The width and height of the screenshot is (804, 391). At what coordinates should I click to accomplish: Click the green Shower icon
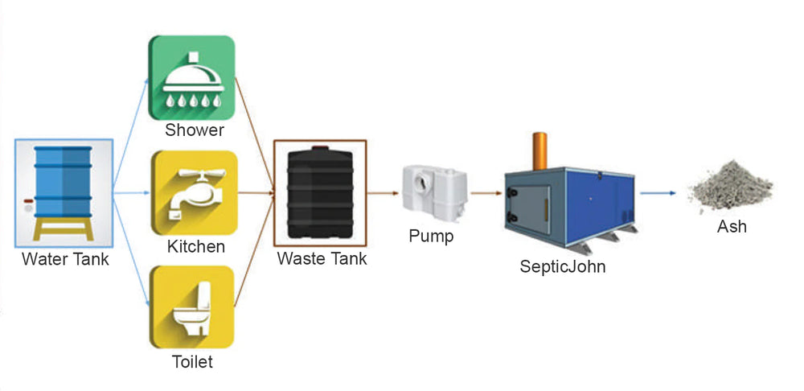(x=192, y=78)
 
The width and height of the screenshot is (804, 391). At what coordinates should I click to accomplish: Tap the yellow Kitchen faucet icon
(x=192, y=193)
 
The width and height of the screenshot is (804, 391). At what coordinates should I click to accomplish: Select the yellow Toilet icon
(x=192, y=307)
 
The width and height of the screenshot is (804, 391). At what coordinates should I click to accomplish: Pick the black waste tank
(x=319, y=194)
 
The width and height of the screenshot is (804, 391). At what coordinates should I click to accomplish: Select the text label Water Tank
(x=65, y=260)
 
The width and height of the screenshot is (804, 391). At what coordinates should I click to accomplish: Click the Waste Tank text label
(x=322, y=259)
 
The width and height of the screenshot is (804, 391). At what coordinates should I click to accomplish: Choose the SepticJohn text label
(x=562, y=266)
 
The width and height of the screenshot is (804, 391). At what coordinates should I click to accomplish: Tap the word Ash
(x=732, y=227)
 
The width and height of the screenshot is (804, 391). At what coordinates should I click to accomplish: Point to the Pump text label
(x=431, y=237)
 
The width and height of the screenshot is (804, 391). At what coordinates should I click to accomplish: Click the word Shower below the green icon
(x=194, y=130)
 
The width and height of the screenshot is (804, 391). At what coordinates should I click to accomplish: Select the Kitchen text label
(x=195, y=245)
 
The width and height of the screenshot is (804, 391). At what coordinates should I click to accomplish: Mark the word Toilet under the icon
(x=193, y=362)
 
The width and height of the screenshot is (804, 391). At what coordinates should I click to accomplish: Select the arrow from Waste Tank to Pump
(x=384, y=194)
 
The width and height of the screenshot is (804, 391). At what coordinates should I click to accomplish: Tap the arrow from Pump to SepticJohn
(x=483, y=194)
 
